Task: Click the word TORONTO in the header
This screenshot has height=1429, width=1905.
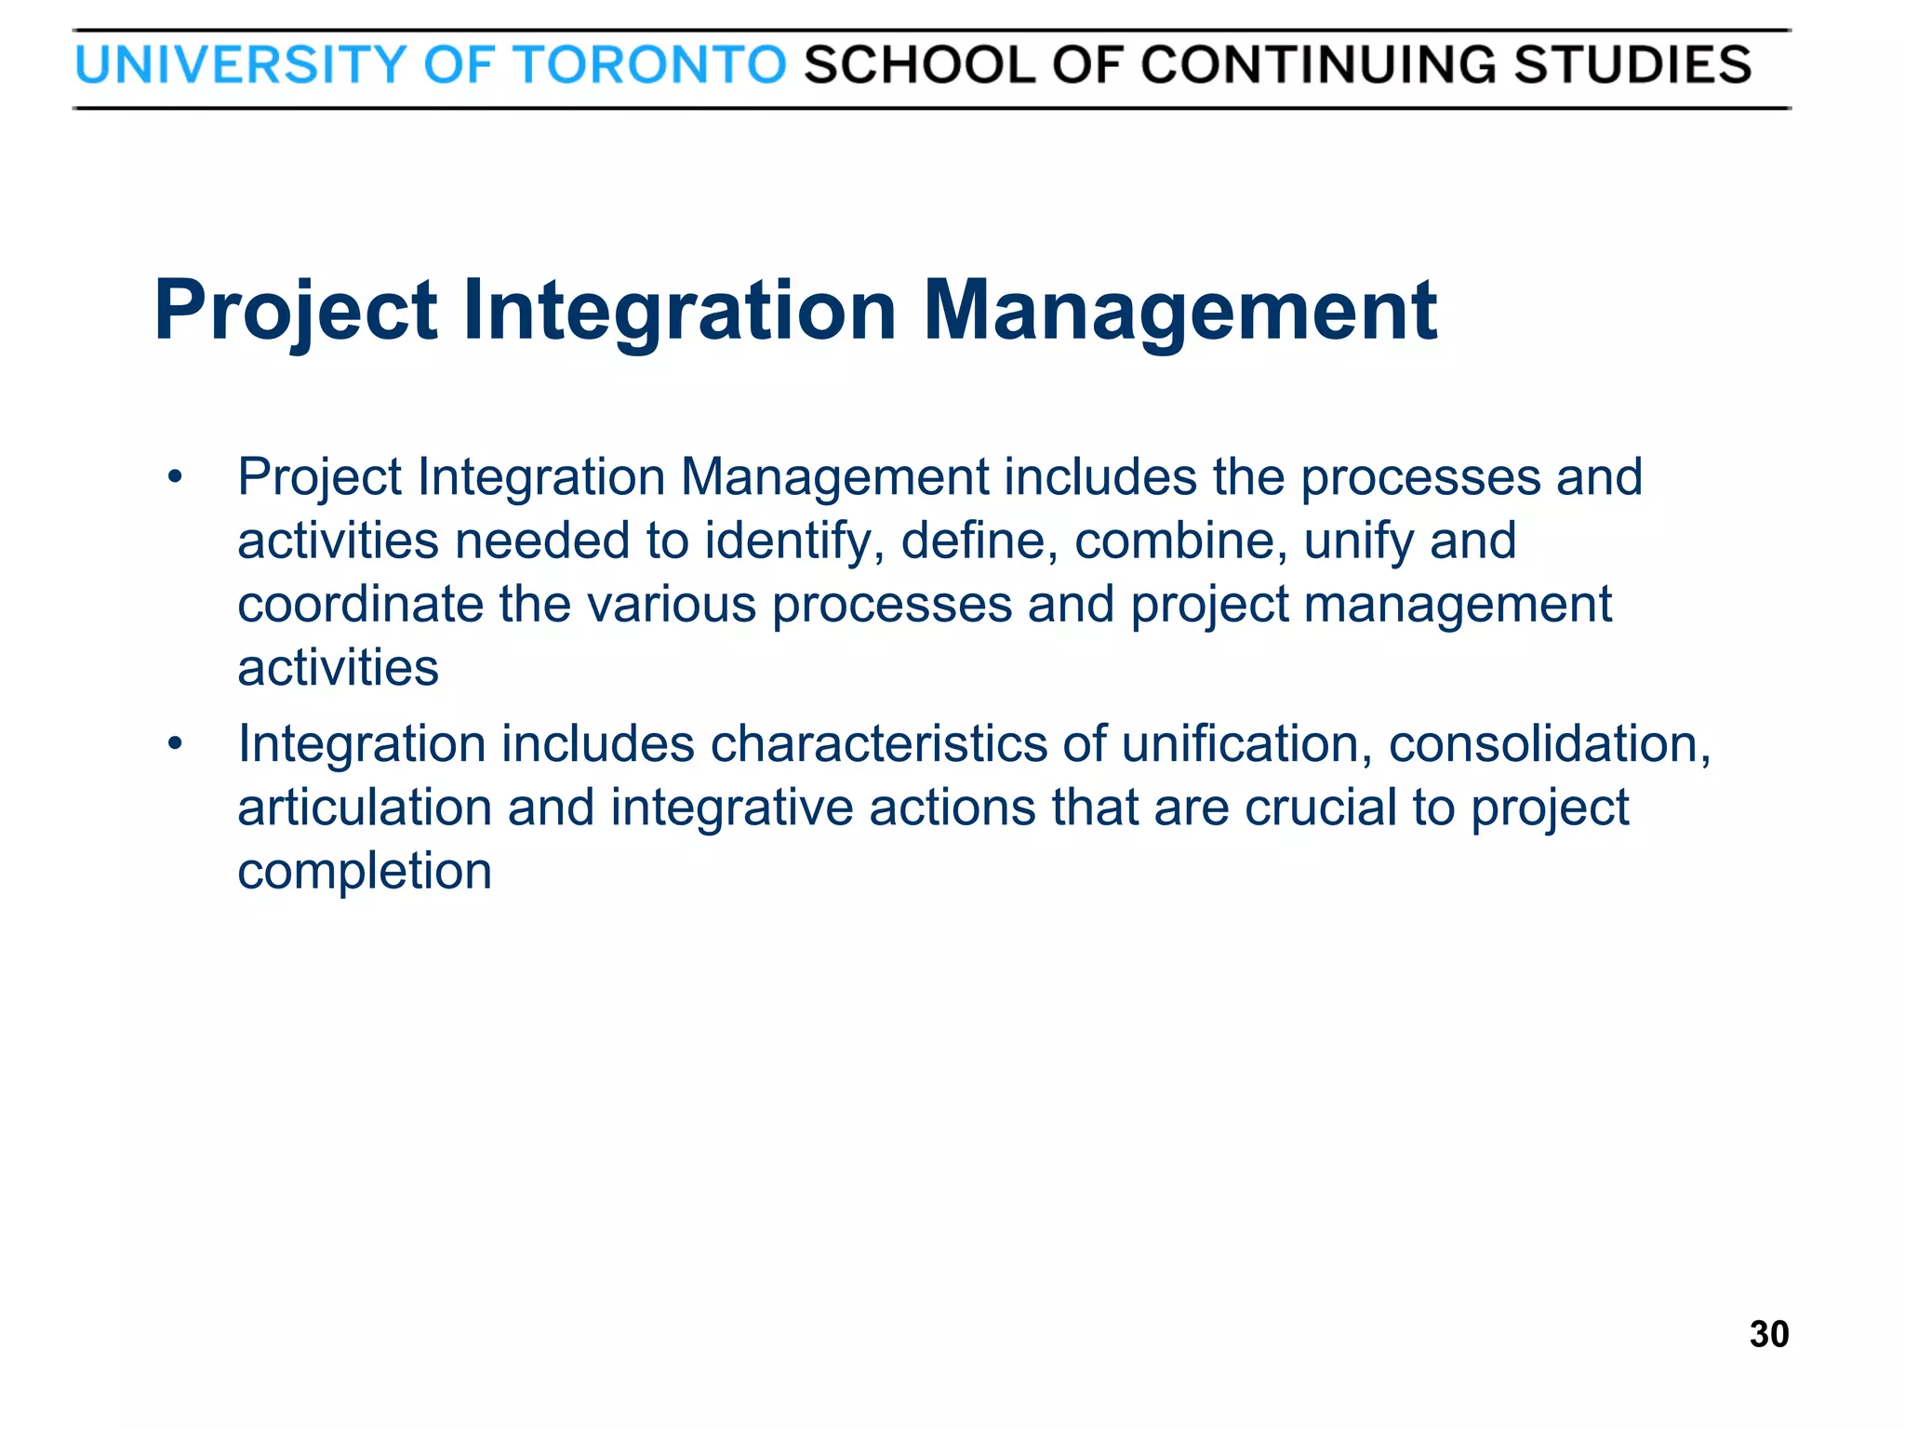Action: pos(650,65)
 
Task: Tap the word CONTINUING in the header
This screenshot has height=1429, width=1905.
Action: pos(1317,65)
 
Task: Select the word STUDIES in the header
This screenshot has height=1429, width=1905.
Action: pos(1632,65)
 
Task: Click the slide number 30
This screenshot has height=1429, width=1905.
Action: pos(1768,1334)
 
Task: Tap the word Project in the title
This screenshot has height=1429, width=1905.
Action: pos(295,311)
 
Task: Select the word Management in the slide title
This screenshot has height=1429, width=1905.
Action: pos(1179,311)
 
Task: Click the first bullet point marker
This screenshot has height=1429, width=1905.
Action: pos(174,478)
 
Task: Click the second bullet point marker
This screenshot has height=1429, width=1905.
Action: pos(174,744)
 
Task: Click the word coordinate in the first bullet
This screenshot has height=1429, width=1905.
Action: pos(360,605)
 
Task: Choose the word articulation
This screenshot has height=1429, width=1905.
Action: pos(364,808)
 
